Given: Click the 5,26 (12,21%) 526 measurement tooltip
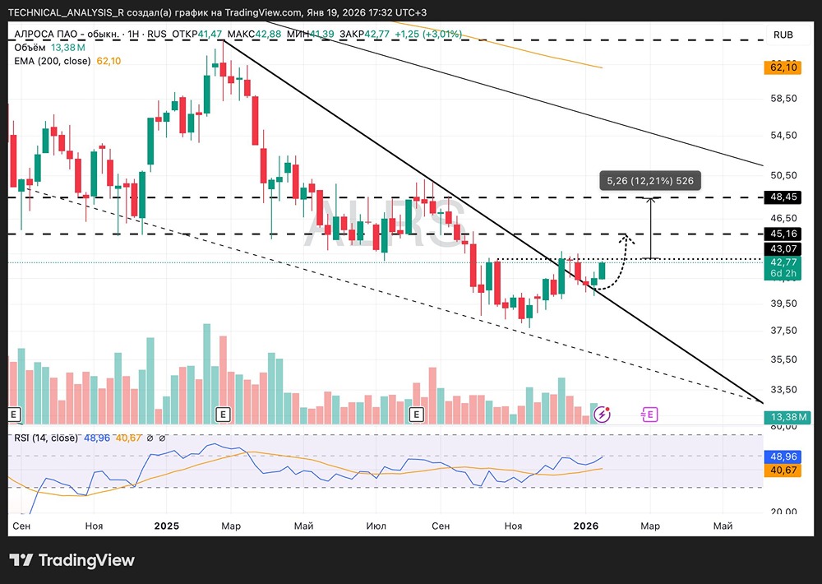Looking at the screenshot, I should [x=650, y=180].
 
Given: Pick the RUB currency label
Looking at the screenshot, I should [x=783, y=35].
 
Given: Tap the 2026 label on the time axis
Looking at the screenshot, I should [x=584, y=525].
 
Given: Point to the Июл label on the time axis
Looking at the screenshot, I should [x=376, y=525].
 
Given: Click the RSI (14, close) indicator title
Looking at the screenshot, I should [x=46, y=438].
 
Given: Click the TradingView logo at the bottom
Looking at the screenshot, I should [x=72, y=560].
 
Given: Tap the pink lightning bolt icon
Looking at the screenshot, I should [x=603, y=415].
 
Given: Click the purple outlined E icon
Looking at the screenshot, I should [x=649, y=415].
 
